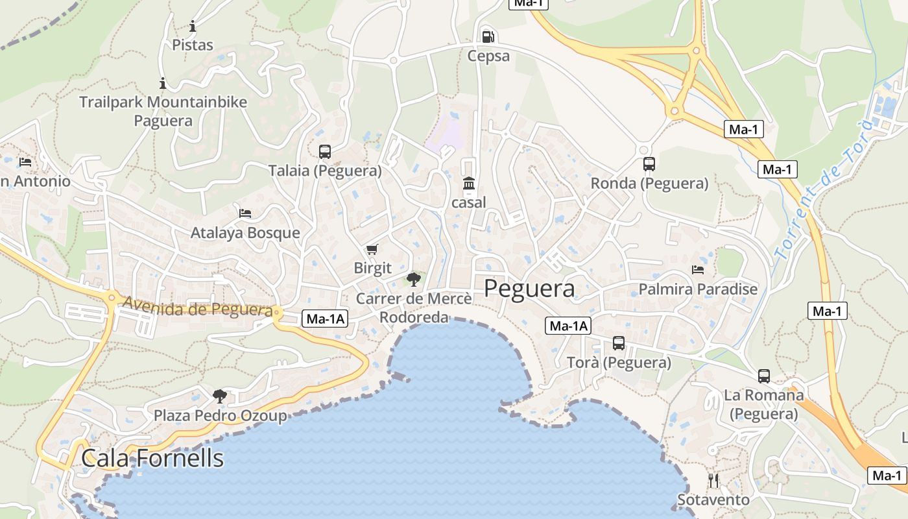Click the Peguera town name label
pyautogui.click(x=529, y=289)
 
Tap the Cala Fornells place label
pyautogui.click(x=152, y=458)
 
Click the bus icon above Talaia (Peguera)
pyautogui.click(x=325, y=152)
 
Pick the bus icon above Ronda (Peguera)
pyautogui.click(x=649, y=164)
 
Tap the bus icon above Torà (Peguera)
pyautogui.click(x=619, y=343)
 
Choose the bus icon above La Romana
pyautogui.click(x=764, y=376)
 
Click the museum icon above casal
pyautogui.click(x=468, y=184)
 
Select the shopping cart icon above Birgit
pyautogui.click(x=372, y=249)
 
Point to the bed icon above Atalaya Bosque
pyautogui.click(x=245, y=213)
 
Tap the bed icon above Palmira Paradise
pyautogui.click(x=698, y=269)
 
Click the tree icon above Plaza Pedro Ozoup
pyautogui.click(x=220, y=396)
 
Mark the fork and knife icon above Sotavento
pyautogui.click(x=713, y=481)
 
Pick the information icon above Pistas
pyautogui.click(x=193, y=27)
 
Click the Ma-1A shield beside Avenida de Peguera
pyautogui.click(x=325, y=319)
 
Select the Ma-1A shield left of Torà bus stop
pyautogui.click(x=568, y=326)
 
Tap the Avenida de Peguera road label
pyautogui.click(x=197, y=307)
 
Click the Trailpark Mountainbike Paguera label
pyautogui.click(x=163, y=111)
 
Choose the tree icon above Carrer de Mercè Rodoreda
pyautogui.click(x=413, y=280)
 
